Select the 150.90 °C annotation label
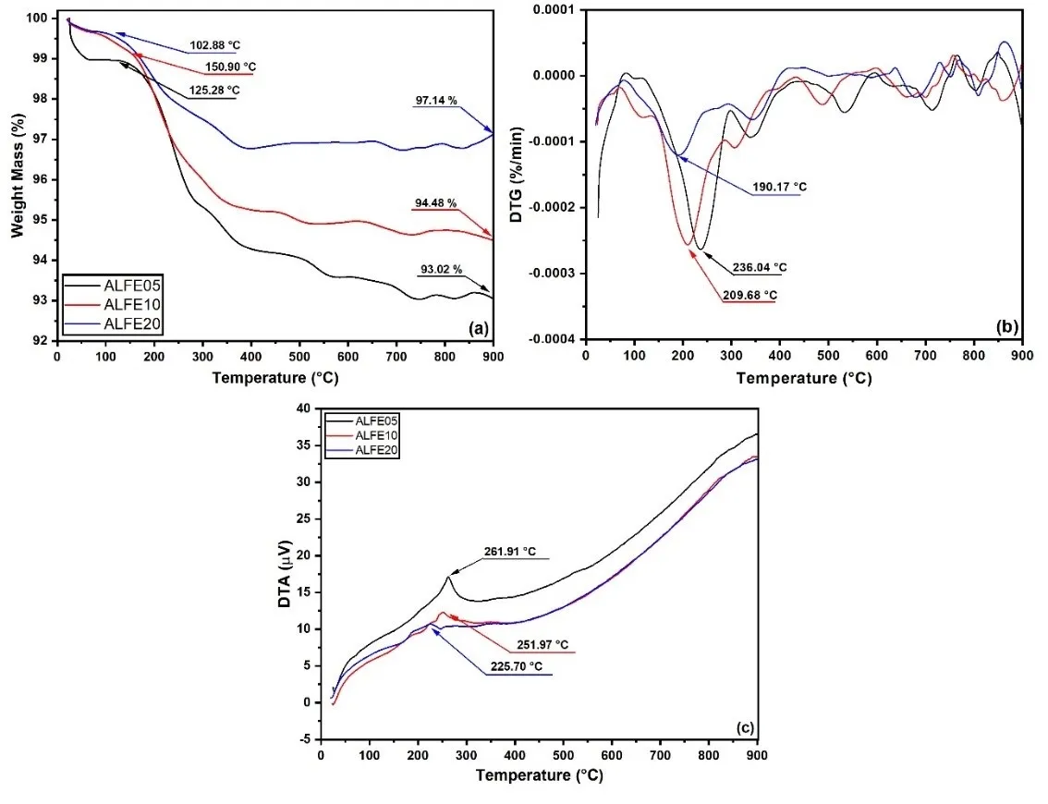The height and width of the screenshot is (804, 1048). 231,67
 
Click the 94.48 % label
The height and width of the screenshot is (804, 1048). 433,202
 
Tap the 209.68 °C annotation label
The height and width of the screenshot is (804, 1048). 749,295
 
